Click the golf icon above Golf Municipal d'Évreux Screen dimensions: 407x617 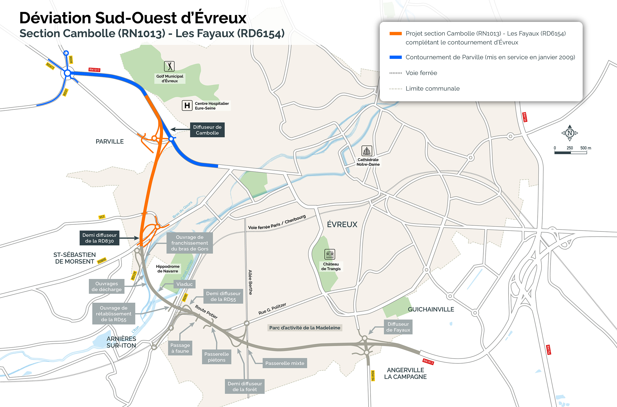pos(169,66)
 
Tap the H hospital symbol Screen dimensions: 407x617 pos(187,105)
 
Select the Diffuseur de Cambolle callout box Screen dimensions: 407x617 pos(207,130)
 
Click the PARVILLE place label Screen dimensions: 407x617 pos(110,142)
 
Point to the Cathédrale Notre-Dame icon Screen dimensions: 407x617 pos(366,151)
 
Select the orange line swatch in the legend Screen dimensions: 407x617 pos(395,34)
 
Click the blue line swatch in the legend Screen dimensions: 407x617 pos(395,57)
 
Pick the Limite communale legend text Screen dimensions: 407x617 pos(432,89)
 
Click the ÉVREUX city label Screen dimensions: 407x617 pos(342,224)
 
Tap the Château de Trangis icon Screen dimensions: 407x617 pos(329,254)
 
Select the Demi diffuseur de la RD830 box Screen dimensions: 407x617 pos(99,238)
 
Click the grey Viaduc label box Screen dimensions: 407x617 pos(184,284)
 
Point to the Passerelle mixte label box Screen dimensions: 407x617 pos(285,363)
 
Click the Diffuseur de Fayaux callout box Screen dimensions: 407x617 pos(398,327)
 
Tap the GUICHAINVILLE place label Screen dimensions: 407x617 pos(431,309)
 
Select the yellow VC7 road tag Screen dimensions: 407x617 pos(102,217)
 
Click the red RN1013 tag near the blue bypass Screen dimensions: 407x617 pos(94,70)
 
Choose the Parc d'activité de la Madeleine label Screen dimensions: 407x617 pos(304,328)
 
